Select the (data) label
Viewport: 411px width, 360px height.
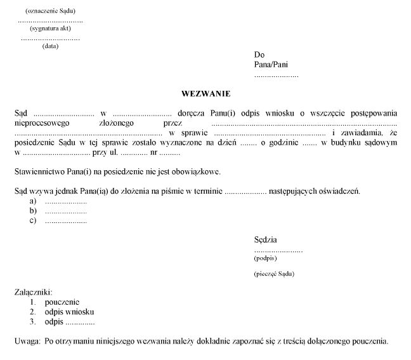click(50, 46)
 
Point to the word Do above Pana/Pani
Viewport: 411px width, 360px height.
click(259, 55)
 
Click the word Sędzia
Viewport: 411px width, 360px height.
click(265, 240)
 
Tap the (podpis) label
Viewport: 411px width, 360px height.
click(265, 258)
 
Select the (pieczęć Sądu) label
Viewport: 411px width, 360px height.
click(274, 274)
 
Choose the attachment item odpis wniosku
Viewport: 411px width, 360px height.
click(69, 312)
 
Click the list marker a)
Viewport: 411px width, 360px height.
click(32, 201)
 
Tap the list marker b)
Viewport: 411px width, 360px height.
click(32, 211)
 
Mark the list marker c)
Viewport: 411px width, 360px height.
click(32, 221)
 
